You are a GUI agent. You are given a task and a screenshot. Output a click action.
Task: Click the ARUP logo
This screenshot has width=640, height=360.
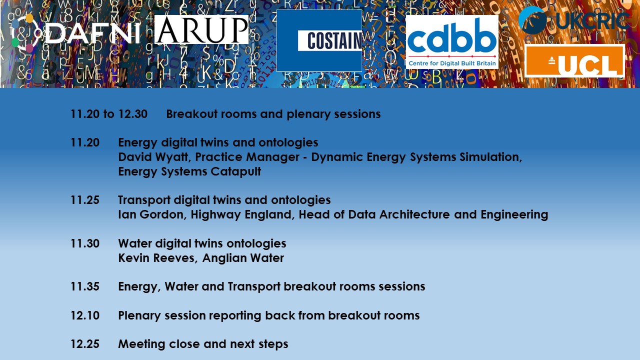pos(201,29)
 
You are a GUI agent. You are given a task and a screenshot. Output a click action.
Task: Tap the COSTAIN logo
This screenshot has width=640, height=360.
pos(319,40)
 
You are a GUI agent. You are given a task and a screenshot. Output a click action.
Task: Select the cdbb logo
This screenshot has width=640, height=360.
pos(452,42)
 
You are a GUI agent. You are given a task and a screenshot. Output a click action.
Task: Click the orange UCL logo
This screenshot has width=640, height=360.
pos(574,61)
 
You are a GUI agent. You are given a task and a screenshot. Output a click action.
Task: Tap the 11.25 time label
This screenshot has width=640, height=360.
pos(85,200)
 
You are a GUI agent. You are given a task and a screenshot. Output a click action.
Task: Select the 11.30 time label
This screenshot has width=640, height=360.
pos(85,243)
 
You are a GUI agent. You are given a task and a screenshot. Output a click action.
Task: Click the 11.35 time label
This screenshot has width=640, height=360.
pos(85,286)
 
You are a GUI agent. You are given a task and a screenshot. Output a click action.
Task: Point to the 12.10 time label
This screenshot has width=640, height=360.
pos(85,315)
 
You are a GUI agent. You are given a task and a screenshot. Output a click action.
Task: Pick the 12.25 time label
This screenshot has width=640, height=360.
pos(85,344)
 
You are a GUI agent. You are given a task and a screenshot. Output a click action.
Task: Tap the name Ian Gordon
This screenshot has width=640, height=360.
pos(151,214)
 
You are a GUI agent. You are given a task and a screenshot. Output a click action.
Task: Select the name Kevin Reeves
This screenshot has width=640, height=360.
pos(157,258)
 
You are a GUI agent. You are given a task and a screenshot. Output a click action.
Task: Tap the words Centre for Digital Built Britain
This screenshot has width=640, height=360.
pos(452,63)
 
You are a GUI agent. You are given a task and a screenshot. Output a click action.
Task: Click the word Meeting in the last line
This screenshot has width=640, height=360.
pos(141,344)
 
